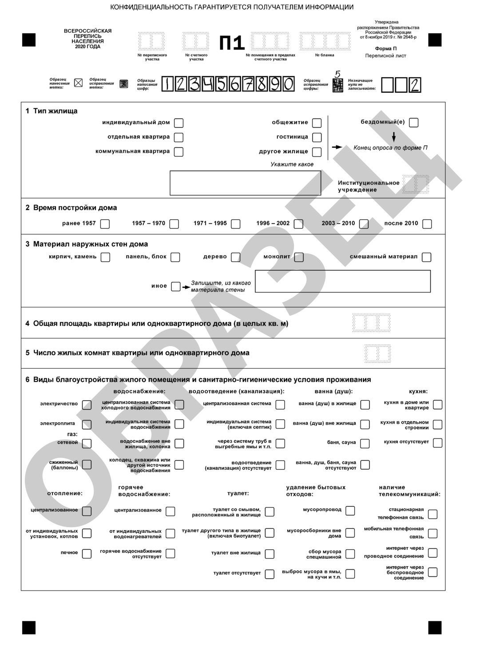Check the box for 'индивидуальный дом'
(x=179, y=123)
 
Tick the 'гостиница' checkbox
(x=317, y=137)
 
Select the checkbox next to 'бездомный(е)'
(x=413, y=122)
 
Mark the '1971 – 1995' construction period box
(x=236, y=224)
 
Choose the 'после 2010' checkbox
(x=427, y=224)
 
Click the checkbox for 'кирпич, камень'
(x=105, y=257)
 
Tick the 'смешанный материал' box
(x=427, y=257)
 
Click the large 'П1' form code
(x=232, y=43)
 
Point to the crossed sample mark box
(x=78, y=83)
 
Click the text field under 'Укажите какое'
(x=245, y=183)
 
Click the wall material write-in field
(x=343, y=281)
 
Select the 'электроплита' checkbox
(x=87, y=425)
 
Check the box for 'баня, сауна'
(x=365, y=443)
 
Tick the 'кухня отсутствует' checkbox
(x=437, y=443)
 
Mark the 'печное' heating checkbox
(x=87, y=553)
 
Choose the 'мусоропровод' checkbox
(x=350, y=511)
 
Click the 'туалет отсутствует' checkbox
(x=270, y=574)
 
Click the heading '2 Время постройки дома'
(x=71, y=208)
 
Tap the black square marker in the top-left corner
(x=29, y=40)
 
